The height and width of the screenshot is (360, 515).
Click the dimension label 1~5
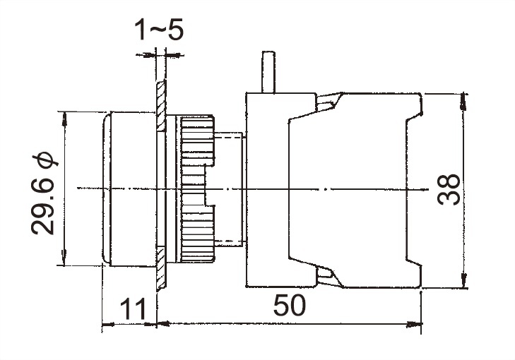[x=159, y=30]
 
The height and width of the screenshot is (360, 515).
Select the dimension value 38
[x=449, y=190]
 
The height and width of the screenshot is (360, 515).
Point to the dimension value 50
[x=289, y=305]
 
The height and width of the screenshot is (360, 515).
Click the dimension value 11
[x=132, y=308]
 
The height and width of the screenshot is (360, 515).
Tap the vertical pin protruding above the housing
[x=268, y=72]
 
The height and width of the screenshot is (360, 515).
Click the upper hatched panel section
[x=161, y=106]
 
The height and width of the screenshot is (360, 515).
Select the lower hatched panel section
[x=161, y=268]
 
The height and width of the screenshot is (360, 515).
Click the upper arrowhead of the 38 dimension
[x=463, y=102]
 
